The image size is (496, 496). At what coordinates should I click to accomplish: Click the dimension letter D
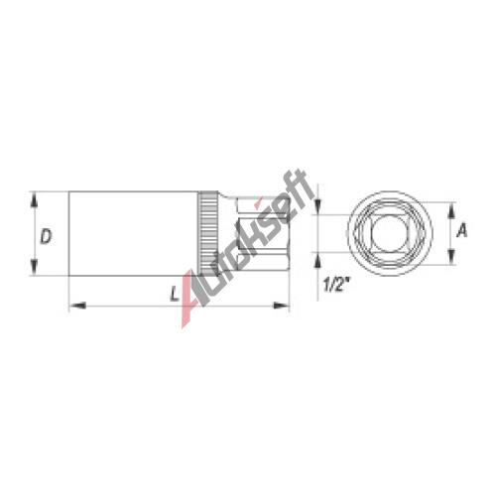pos(46,237)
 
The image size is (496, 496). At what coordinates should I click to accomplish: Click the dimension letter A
pos(462,230)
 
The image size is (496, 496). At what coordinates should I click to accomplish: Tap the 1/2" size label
pos(336,285)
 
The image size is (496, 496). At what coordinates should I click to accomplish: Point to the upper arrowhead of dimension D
pos(35,201)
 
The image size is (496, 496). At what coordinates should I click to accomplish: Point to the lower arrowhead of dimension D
pos(35,267)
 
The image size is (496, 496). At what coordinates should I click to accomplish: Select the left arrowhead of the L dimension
pos(77,306)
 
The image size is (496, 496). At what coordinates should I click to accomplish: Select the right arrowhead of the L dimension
pos(281,306)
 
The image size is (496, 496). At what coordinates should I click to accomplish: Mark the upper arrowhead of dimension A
pos(450,210)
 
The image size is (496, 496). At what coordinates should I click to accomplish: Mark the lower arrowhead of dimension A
pos(450,256)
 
